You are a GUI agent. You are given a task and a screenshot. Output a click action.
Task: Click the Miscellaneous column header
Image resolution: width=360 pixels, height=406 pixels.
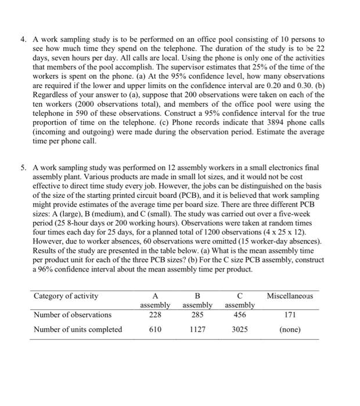pos(289,296)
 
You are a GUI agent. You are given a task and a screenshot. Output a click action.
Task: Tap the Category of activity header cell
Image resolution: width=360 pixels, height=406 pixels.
pos(66,296)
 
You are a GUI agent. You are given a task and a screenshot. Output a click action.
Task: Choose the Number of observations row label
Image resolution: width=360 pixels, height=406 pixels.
pos(73,315)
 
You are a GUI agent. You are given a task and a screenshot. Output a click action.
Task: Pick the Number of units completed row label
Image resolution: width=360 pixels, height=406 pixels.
pos(77,329)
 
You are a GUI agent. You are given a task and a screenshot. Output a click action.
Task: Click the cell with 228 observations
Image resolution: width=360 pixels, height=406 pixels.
pos(154,315)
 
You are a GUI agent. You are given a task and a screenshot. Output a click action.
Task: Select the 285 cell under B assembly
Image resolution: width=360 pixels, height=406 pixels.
pos(198,315)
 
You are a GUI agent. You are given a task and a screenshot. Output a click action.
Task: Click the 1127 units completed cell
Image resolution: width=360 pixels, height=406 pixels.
pos(198,329)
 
